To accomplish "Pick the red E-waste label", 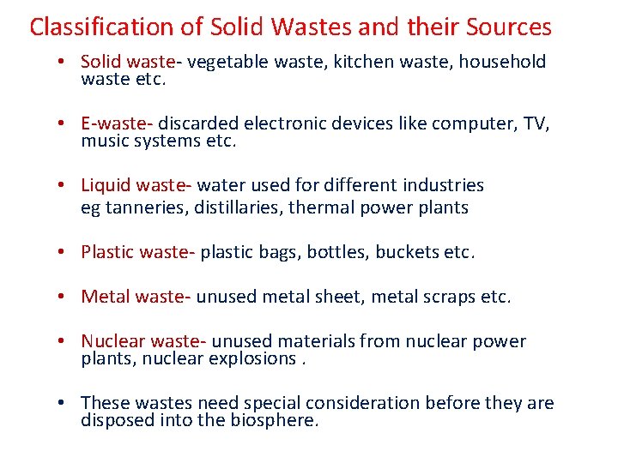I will click(x=117, y=124).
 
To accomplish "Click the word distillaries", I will click(x=245, y=207).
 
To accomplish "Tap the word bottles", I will click(x=340, y=252).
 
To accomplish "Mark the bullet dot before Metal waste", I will click(x=64, y=297).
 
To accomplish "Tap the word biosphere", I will click(x=276, y=420).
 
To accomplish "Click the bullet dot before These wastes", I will click(x=64, y=403).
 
